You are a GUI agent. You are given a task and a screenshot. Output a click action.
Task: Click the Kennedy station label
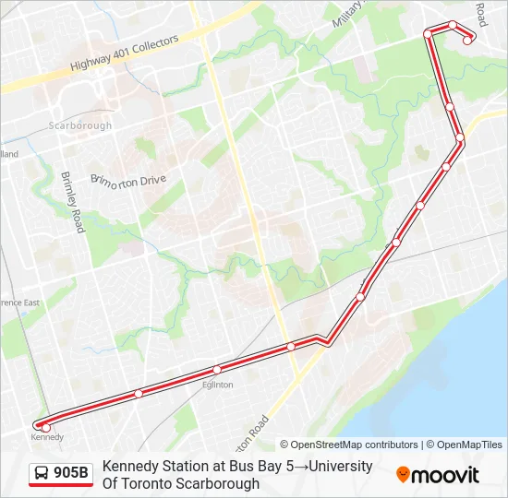(47, 436)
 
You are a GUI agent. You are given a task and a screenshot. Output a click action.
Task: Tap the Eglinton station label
(218, 385)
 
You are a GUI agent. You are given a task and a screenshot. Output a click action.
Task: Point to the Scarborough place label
(80, 125)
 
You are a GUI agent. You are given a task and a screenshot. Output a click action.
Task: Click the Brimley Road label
(72, 194)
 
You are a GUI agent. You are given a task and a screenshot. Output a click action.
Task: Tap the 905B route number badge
(71, 474)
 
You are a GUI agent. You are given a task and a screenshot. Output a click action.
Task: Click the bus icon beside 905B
(42, 474)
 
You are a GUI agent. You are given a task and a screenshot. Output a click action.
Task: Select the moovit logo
(438, 475)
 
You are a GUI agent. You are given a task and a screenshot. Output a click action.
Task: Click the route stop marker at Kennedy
(46, 427)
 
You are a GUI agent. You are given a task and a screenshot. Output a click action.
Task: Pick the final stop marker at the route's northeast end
(468, 39)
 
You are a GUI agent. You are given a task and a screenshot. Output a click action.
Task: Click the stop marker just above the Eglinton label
(217, 370)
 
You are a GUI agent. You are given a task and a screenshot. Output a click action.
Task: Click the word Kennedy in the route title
(129, 467)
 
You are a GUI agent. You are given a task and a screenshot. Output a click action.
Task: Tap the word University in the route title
(339, 467)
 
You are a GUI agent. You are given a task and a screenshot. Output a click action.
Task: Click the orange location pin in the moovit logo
(403, 475)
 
